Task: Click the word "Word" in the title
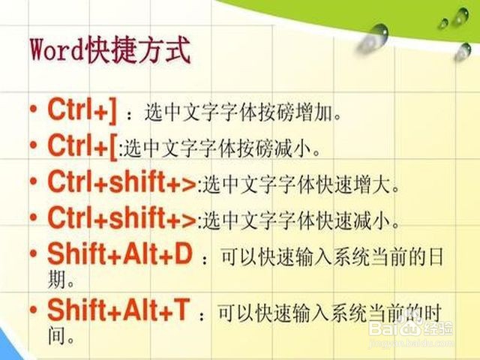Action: [57, 50]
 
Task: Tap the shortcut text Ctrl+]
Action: [82, 110]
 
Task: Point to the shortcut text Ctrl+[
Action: [82, 146]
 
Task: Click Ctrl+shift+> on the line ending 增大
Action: [121, 181]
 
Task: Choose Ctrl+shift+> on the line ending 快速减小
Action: [121, 217]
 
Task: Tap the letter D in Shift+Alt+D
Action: [183, 254]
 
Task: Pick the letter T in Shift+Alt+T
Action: [181, 310]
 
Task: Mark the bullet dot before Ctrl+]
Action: [33, 110]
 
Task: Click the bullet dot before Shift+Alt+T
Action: [33, 310]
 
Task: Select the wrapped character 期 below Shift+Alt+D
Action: [57, 279]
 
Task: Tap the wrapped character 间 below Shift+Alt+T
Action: [57, 335]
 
